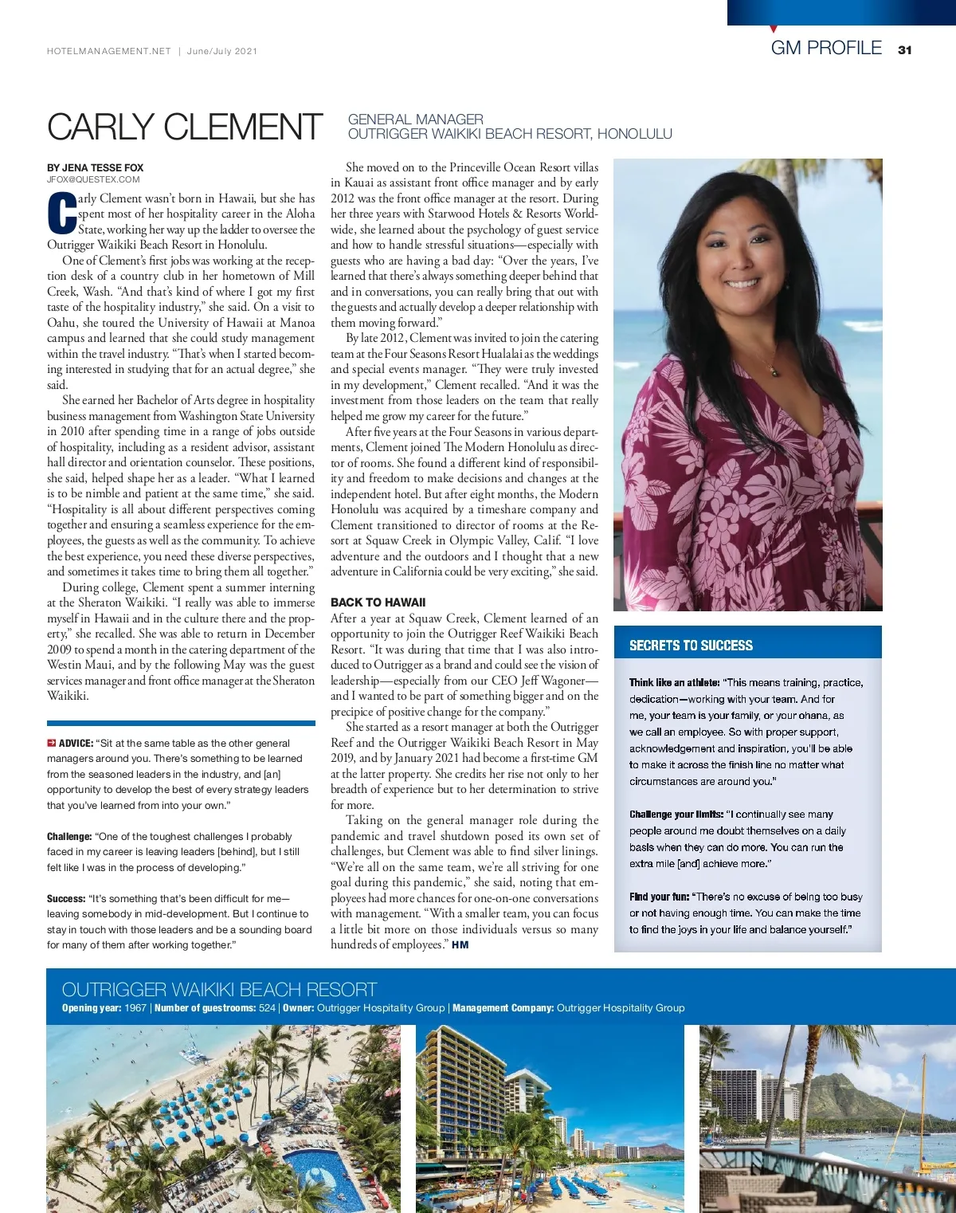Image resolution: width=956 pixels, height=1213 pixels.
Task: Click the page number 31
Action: tap(904, 49)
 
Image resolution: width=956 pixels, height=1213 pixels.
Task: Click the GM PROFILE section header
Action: tap(826, 48)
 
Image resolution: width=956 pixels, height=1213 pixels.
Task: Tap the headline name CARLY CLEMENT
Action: tap(184, 128)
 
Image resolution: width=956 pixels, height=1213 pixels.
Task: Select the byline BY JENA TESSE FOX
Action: tap(95, 167)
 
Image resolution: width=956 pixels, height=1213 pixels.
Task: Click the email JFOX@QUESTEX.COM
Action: tap(93, 179)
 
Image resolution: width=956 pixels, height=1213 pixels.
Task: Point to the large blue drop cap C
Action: tap(61, 214)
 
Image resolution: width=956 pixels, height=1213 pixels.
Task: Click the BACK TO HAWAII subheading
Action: tap(378, 603)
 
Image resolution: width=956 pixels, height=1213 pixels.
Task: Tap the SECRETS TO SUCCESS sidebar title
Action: tap(691, 646)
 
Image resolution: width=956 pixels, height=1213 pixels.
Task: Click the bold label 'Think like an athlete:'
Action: tap(674, 682)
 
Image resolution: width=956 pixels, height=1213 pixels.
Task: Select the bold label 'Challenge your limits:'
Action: tap(676, 815)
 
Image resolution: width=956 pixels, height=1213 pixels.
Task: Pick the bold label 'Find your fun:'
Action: tap(659, 897)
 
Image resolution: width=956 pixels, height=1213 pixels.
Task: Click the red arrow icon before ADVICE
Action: tap(51, 744)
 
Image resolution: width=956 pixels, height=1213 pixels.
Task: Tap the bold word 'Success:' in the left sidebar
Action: tap(66, 898)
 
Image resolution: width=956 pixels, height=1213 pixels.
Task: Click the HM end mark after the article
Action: tap(460, 945)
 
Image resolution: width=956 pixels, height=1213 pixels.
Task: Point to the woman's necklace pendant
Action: tap(774, 371)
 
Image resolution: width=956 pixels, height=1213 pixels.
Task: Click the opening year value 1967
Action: tap(135, 1008)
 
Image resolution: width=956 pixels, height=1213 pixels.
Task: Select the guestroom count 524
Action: tap(267, 1008)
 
